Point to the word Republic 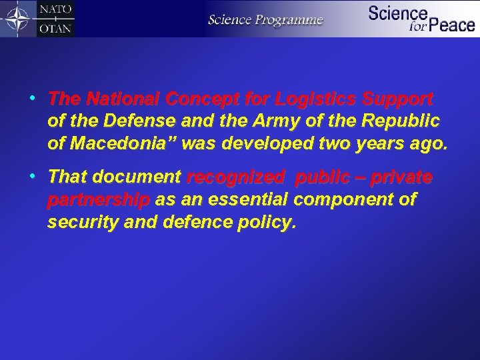click(403, 121)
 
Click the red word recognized click(236, 178)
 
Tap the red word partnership click(99, 200)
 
